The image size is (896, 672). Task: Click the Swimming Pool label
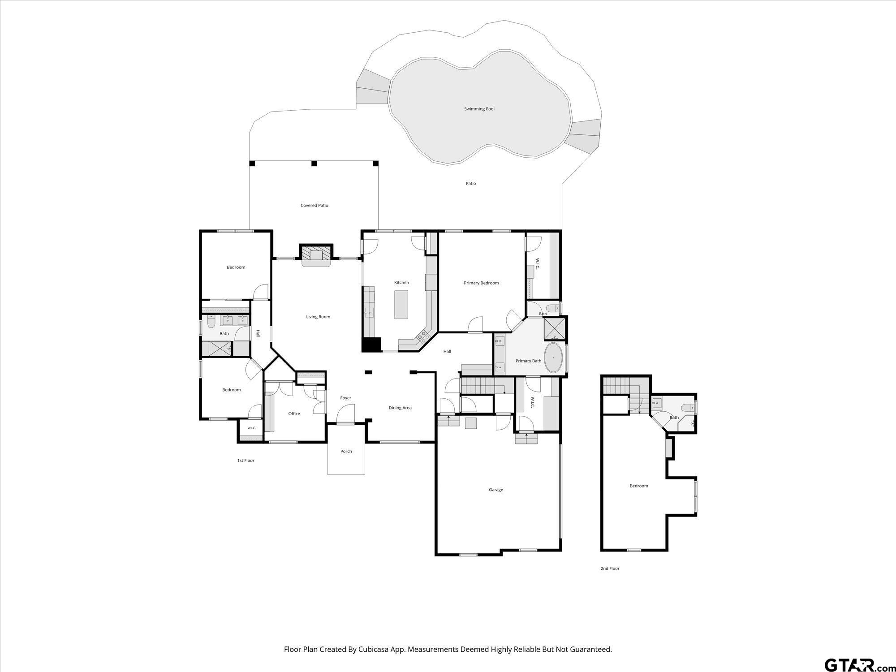pos(479,109)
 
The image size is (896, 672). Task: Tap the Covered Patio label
pos(314,206)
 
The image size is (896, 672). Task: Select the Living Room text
pos(318,317)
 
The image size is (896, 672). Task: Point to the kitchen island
pos(401,305)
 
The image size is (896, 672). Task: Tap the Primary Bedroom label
pos(481,283)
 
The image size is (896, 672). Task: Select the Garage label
pos(496,490)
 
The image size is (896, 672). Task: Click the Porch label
pos(346,451)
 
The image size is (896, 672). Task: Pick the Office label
pos(294,414)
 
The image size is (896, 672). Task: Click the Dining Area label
pos(400,408)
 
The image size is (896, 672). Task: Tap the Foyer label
pos(345,398)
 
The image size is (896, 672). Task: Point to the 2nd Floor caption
pos(610,569)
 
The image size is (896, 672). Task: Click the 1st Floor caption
pos(246,461)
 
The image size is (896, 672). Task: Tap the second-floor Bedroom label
pos(638,486)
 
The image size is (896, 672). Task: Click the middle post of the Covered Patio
pos(314,164)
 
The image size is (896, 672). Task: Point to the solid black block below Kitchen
pos(371,345)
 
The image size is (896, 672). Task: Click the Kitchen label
pos(401,283)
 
